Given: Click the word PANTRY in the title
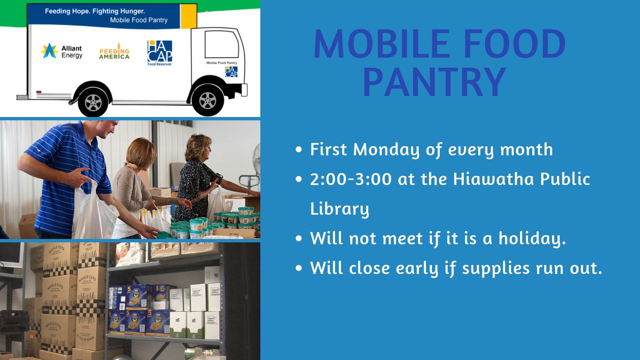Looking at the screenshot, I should click(434, 82).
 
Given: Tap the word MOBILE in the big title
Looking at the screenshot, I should click(382, 44).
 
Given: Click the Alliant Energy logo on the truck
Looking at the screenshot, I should click(62, 51).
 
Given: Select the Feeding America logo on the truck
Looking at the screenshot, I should click(114, 52).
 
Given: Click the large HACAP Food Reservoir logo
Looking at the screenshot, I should click(160, 53).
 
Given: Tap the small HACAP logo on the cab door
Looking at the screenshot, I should click(231, 72).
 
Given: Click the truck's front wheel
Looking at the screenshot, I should click(207, 100).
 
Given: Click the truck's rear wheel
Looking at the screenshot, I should click(93, 102).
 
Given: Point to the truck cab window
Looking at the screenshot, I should click(222, 44).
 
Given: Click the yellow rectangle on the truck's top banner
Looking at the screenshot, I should click(188, 16).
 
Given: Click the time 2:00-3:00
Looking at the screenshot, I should click(351, 179).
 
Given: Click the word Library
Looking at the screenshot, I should click(339, 209).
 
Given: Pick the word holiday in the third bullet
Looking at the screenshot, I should click(532, 239).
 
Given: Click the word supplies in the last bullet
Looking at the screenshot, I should click(496, 268).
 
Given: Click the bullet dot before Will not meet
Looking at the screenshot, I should click(299, 239).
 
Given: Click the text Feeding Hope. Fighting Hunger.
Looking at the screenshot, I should click(95, 11).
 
